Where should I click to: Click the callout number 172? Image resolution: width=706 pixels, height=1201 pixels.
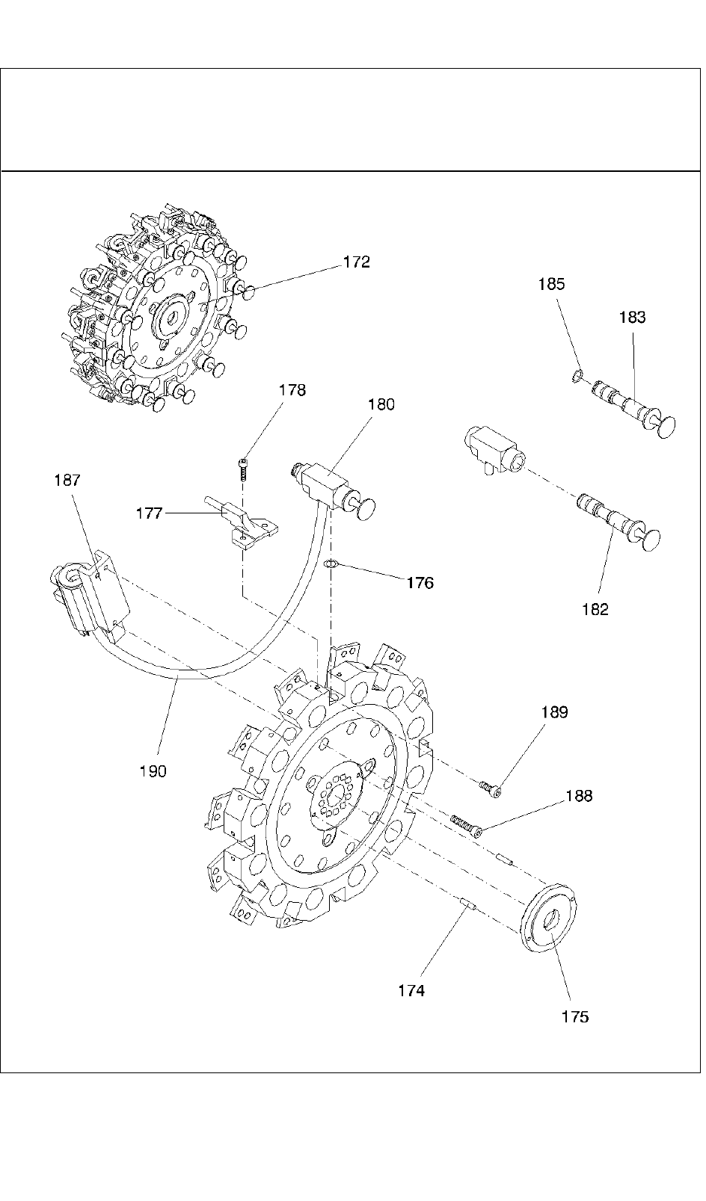[x=357, y=262]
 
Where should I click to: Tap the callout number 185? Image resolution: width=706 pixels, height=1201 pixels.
[x=551, y=285]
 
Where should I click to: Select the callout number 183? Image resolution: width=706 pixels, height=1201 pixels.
[x=632, y=318]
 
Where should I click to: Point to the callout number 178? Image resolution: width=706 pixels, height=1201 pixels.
[x=292, y=390]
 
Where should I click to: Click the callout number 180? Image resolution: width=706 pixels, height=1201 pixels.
[x=381, y=404]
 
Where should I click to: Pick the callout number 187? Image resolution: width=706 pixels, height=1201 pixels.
[x=67, y=481]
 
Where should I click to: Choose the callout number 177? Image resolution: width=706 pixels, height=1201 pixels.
[x=150, y=513]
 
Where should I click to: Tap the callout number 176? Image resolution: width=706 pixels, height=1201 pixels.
[x=420, y=583]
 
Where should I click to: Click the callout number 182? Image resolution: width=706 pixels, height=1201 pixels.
[x=595, y=609]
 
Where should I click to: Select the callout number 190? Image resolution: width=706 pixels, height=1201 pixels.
[x=153, y=771]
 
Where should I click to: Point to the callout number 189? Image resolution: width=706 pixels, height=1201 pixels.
[x=555, y=712]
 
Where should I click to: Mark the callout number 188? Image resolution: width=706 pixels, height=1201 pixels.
[x=579, y=796]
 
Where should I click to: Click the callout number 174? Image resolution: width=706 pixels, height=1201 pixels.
[x=411, y=990]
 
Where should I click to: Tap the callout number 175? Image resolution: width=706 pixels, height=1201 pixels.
[x=575, y=1016]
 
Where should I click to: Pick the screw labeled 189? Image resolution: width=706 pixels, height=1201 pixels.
[x=490, y=787]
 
